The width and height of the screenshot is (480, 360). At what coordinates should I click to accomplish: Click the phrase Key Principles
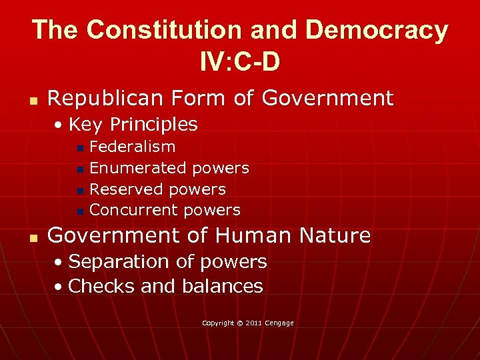pyautogui.click(x=133, y=125)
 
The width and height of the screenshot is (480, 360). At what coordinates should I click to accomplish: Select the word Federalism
pyautogui.click(x=132, y=147)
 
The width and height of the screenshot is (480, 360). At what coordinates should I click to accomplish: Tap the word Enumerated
pyautogui.click(x=138, y=168)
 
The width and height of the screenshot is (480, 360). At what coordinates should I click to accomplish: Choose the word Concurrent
pyautogui.click(x=134, y=210)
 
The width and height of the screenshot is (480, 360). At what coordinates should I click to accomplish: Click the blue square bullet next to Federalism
pyautogui.click(x=80, y=148)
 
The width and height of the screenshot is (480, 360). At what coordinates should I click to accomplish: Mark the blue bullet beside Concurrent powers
pyautogui.click(x=80, y=211)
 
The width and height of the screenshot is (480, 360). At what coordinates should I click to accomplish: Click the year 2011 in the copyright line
pyautogui.click(x=253, y=323)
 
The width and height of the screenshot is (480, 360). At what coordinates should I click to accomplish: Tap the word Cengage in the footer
pyautogui.click(x=280, y=323)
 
